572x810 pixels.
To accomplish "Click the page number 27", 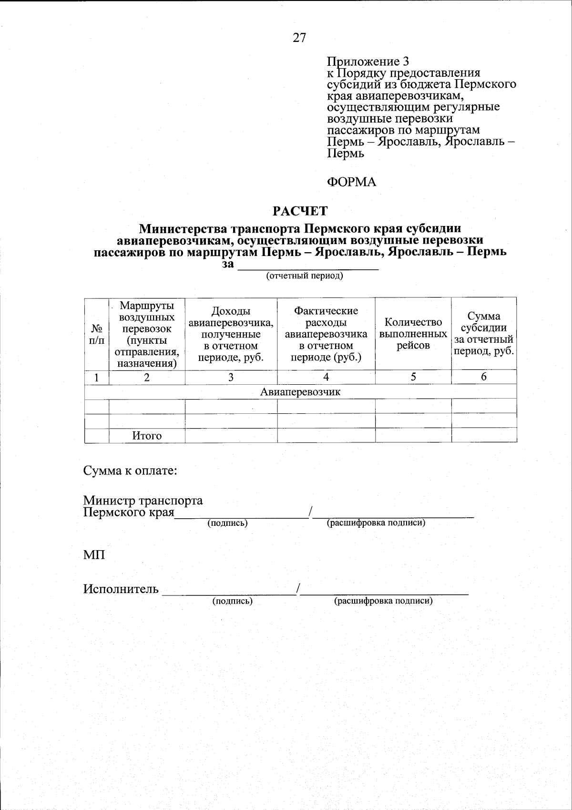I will (x=299, y=38).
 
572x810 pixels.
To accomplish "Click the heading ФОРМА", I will (x=351, y=182).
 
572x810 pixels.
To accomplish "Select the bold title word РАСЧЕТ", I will (x=299, y=210).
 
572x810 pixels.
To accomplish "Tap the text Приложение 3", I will (x=368, y=62).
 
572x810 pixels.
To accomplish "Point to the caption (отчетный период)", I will (x=305, y=276).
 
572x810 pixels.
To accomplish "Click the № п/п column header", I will (x=97, y=334).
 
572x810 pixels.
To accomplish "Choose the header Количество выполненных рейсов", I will (x=413, y=334).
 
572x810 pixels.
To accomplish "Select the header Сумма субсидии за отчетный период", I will (x=484, y=334).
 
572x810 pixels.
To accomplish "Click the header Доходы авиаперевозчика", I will (x=231, y=334).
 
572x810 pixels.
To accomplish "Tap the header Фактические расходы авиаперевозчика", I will (x=326, y=334).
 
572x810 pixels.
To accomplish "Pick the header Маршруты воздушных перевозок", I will (x=147, y=334).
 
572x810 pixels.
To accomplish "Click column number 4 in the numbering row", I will (x=326, y=377).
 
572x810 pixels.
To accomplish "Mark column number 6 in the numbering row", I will (x=484, y=377).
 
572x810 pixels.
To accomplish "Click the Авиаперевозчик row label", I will (x=300, y=392).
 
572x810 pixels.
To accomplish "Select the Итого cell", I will (x=147, y=436).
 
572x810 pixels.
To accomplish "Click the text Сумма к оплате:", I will (x=131, y=471).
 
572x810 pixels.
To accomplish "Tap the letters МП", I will (x=94, y=555).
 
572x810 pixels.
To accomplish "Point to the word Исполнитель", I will (x=121, y=589).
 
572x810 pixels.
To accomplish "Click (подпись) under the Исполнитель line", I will (x=232, y=601).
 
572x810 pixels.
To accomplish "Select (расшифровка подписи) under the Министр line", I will (x=376, y=523).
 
